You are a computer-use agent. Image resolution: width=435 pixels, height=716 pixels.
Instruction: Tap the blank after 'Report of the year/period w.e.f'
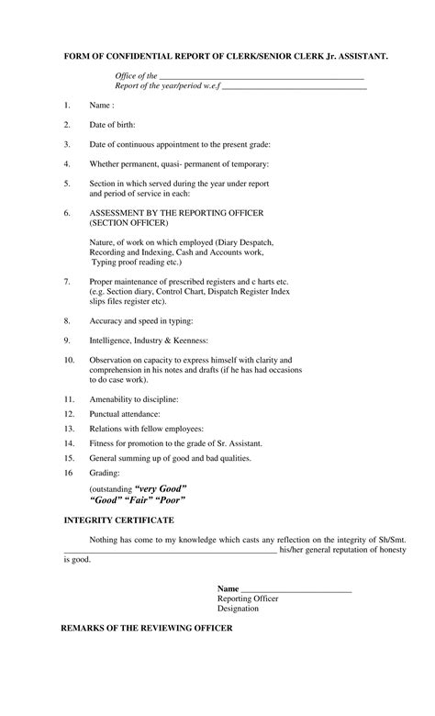(295, 88)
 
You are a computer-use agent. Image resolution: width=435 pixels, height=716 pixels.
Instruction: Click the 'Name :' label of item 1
(102, 106)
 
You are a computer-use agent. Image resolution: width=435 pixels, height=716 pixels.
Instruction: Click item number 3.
(67, 144)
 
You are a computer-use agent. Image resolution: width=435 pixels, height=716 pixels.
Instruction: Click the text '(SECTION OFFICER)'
(128, 222)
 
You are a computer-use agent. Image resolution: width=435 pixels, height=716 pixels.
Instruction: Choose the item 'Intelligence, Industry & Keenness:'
(149, 341)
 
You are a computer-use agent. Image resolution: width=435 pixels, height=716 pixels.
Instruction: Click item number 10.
(69, 359)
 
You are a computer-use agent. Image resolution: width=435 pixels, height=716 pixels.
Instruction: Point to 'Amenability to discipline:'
(134, 399)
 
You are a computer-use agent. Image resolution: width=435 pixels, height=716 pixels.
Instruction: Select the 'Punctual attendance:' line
(125, 414)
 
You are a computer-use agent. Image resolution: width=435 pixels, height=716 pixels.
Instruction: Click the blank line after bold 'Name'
(296, 587)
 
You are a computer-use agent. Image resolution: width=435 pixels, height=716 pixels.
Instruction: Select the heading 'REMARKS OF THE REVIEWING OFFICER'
(147, 628)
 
